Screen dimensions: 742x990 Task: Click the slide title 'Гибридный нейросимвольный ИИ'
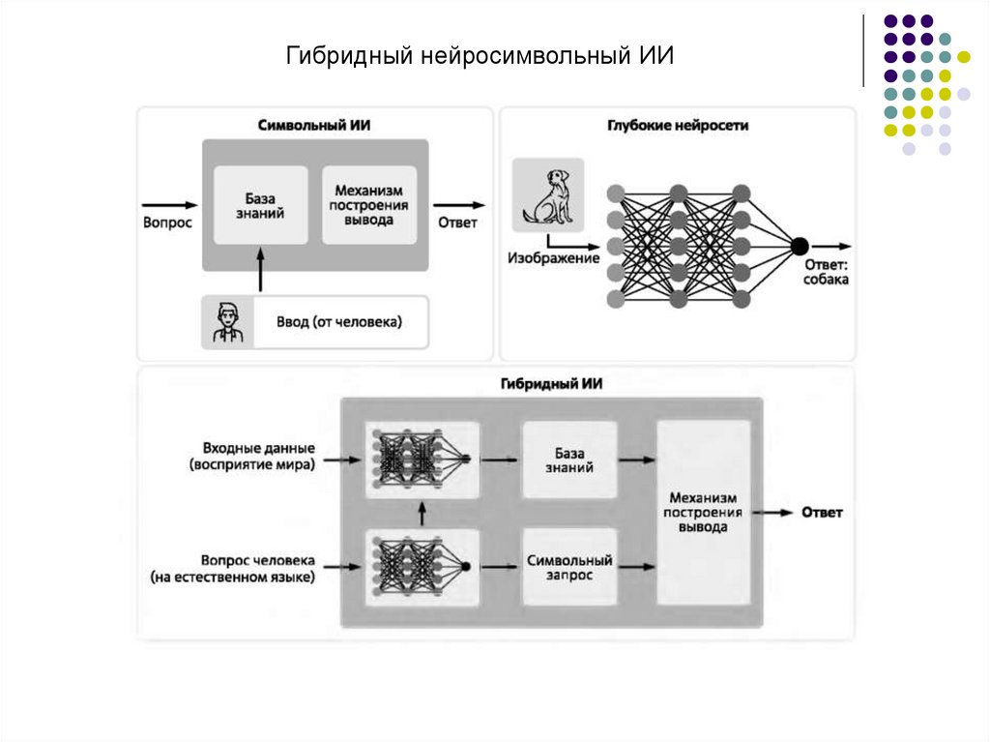coord(480,56)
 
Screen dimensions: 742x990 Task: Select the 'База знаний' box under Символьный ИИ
coord(259,205)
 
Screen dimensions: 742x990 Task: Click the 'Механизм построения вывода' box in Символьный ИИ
coord(368,205)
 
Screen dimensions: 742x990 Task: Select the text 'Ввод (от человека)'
coord(338,322)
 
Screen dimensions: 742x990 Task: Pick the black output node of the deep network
coord(800,246)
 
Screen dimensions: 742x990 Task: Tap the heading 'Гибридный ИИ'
coord(552,383)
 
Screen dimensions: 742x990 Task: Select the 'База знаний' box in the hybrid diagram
coord(568,460)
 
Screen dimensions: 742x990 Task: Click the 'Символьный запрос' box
coord(568,567)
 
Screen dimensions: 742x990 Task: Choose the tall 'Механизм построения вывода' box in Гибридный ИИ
coord(703,513)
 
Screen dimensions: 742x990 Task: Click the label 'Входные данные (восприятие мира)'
coord(258,457)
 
